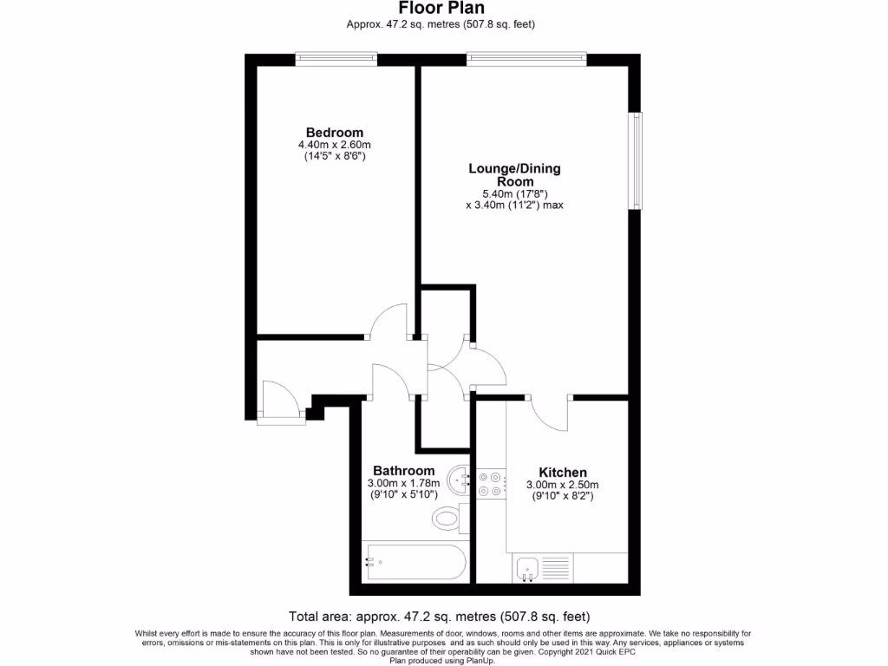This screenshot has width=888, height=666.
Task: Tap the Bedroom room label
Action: pos(334,132)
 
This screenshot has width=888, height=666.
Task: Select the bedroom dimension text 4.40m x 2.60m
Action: pos(334,145)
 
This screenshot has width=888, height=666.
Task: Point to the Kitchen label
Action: pos(562,473)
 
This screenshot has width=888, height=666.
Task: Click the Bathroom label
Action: pos(403,471)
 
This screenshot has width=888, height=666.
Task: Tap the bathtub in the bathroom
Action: pos(415,562)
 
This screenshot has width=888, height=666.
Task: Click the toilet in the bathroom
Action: pos(448,519)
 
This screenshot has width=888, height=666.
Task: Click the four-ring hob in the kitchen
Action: pos(489,483)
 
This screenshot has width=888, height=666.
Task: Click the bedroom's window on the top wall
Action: pos(336,59)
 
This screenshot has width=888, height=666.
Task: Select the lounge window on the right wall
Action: pos(637,160)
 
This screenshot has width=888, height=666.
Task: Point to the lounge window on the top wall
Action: pos(526,59)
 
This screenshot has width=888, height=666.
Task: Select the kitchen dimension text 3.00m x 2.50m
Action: pos(562,485)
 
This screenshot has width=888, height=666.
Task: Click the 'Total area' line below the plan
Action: pos(440,617)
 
